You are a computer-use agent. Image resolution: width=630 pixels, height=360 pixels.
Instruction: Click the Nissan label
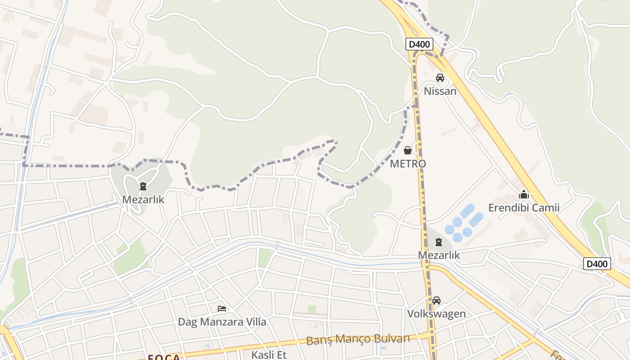coord(440,91)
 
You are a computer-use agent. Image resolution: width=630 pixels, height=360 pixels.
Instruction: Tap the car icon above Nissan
coord(440,78)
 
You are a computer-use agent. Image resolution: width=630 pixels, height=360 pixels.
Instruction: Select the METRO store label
coord(408,164)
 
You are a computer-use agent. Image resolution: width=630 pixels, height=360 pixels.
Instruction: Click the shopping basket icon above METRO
coord(408,150)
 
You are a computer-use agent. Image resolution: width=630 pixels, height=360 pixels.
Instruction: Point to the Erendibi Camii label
coord(524,208)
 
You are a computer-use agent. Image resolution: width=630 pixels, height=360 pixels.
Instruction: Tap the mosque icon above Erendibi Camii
coord(524,195)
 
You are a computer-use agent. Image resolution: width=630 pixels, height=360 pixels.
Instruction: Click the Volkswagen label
coord(436,314)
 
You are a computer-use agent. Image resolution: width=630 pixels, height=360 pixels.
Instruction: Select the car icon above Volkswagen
coord(436,301)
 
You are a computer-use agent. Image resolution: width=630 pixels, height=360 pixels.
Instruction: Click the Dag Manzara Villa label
coord(222,322)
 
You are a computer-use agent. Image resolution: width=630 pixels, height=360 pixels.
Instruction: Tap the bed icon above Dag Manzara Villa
coord(222,309)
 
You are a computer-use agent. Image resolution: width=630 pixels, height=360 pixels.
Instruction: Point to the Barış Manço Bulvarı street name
coord(358,339)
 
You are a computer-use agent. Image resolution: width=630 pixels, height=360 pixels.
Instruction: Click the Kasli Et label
coord(269,355)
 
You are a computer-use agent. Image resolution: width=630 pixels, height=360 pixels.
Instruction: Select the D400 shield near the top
coord(419,44)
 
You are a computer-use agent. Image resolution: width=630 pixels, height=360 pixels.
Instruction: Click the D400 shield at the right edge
coord(597,264)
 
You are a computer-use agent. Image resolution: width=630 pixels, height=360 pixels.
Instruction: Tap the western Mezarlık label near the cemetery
coord(143,199)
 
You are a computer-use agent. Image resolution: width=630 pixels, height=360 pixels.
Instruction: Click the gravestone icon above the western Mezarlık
coord(143,186)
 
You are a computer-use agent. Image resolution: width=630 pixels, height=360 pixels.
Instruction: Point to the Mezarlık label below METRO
coord(439,255)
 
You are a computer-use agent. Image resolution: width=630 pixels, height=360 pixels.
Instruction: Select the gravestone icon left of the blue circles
coord(439,242)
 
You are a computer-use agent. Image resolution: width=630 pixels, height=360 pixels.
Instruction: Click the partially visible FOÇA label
coord(164,357)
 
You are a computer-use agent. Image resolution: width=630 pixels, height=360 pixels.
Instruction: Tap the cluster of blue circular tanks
coord(463,222)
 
